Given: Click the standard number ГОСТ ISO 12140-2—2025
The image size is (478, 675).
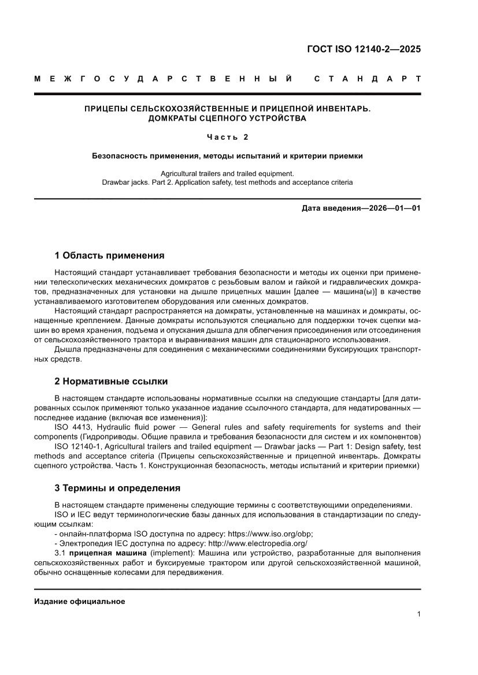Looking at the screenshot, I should tap(364, 49).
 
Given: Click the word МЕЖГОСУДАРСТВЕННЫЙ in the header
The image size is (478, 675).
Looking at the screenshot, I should tap(163, 79).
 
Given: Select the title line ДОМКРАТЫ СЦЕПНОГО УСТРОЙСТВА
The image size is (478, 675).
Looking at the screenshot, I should tap(227, 118).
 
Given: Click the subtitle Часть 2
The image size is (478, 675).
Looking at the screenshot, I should tap(227, 137).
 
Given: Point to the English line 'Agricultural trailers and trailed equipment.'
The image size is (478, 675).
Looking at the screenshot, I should tap(227, 173).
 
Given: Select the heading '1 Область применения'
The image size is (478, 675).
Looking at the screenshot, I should tap(109, 255).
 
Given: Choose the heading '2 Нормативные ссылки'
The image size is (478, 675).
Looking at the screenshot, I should tap(111, 381).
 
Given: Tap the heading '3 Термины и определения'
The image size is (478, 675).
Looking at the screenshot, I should tap(117, 488).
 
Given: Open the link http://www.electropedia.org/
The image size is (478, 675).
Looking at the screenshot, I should tap(258, 543).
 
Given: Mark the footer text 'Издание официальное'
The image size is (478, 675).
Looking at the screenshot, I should tap(80, 601).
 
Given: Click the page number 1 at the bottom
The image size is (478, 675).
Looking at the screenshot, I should tap(418, 614).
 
